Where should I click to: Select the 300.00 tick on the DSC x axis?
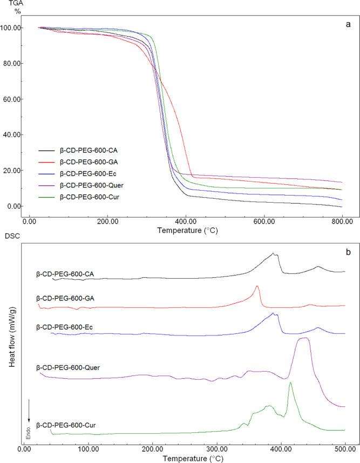click(216, 447)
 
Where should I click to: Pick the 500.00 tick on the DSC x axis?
click(345, 447)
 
